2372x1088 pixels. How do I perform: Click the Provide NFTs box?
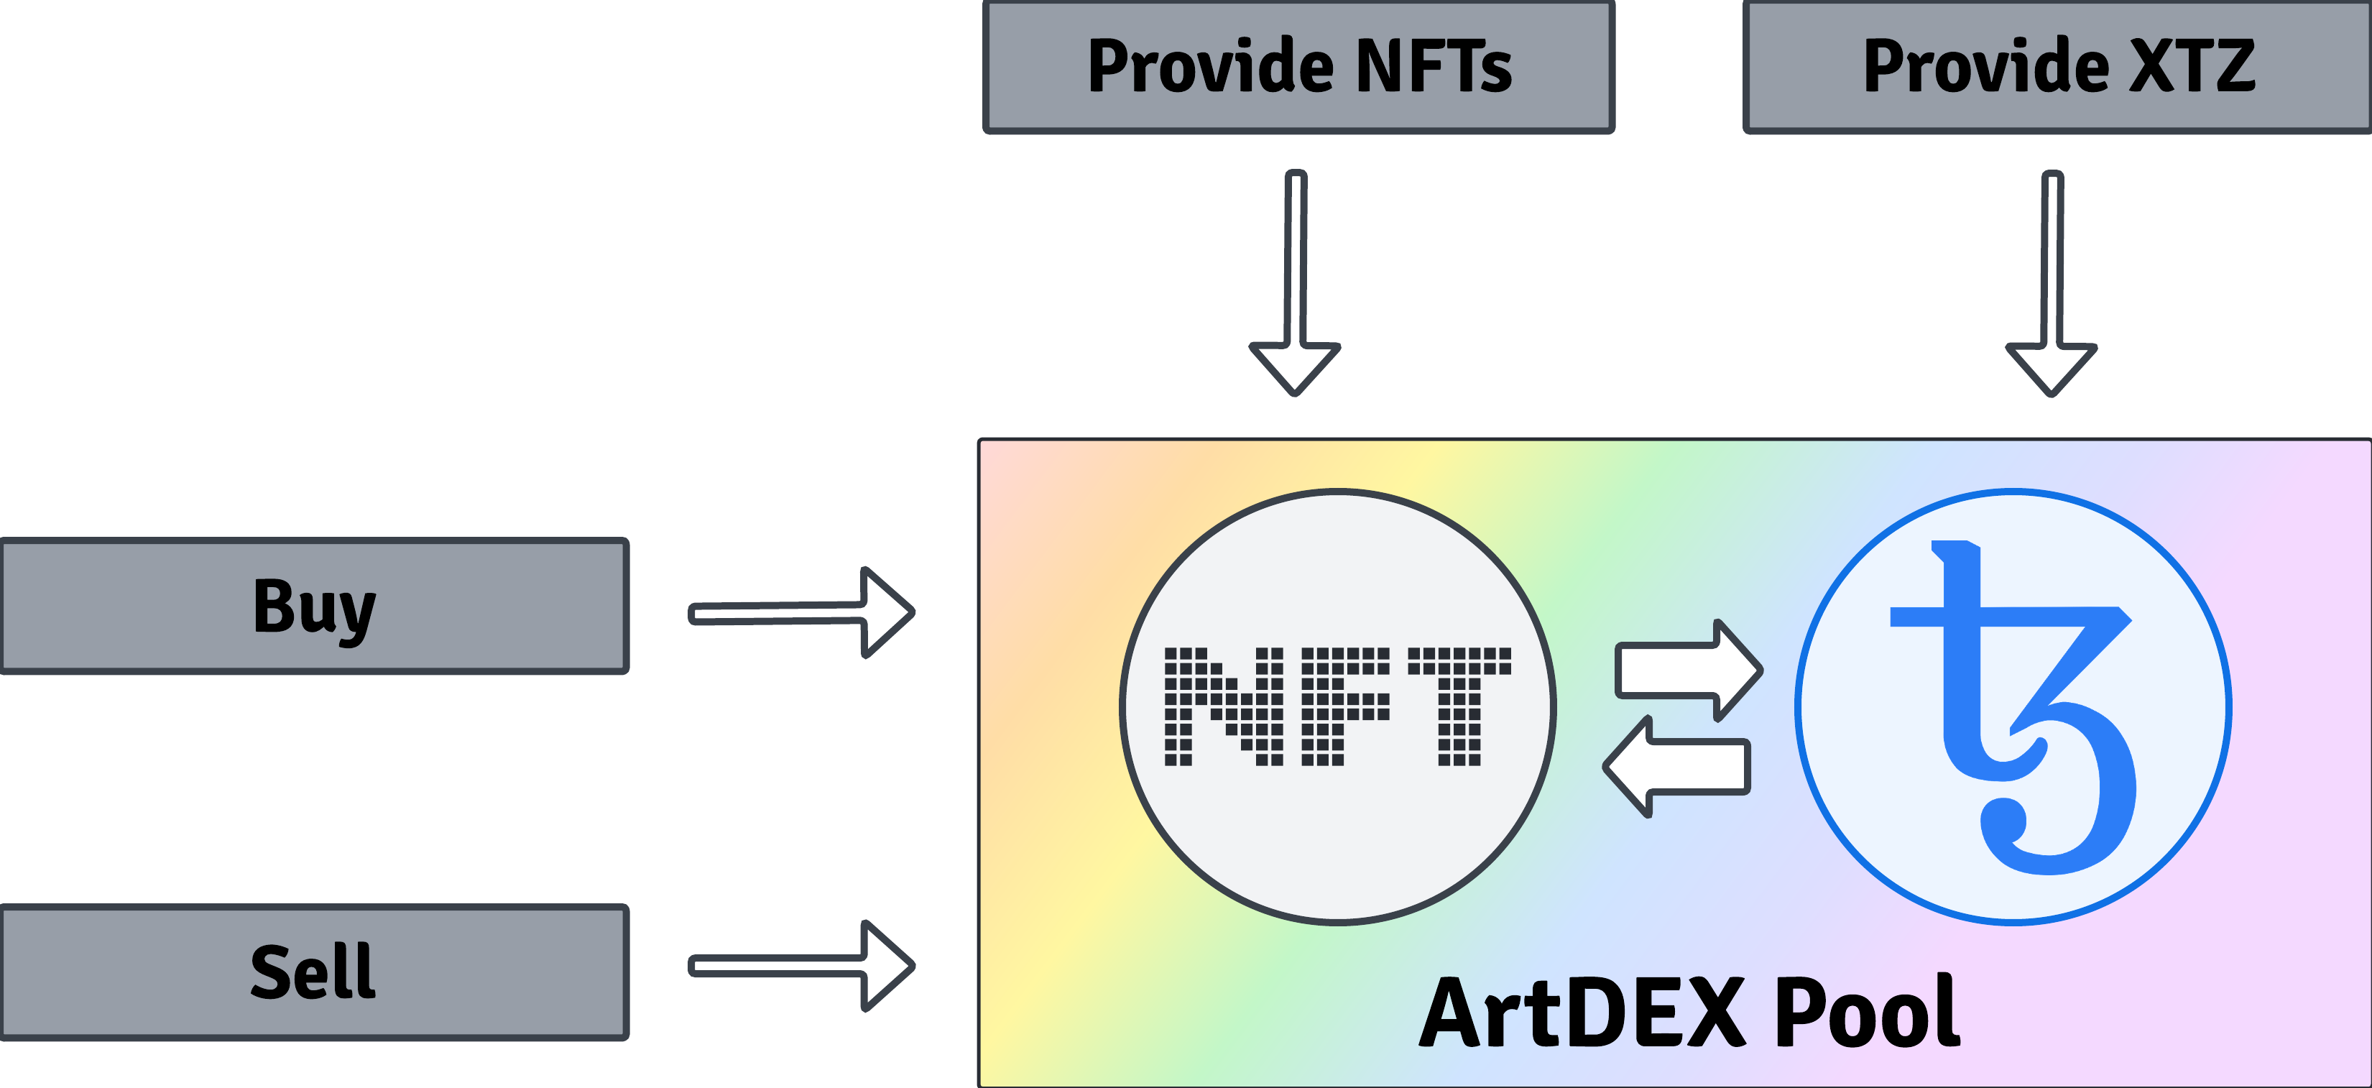[1298, 66]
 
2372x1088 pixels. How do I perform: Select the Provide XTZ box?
[2058, 66]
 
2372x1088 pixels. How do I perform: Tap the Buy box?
[314, 607]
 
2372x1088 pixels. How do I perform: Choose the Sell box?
[314, 972]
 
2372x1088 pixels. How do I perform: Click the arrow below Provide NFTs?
[1295, 283]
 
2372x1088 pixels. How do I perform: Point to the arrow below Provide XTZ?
[2052, 284]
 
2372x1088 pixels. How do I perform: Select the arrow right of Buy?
[802, 613]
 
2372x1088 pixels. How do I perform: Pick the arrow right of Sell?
[802, 965]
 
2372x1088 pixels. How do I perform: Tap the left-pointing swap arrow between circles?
[1676, 767]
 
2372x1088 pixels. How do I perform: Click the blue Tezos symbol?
[2013, 708]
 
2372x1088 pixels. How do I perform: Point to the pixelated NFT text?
[1338, 706]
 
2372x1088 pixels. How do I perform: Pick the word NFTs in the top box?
[1434, 65]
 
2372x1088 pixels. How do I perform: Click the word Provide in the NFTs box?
[1211, 65]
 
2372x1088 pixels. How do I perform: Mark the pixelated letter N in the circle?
[1224, 706]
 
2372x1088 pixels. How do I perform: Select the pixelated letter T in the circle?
[1459, 706]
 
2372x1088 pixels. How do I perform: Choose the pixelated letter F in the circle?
[1345, 706]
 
